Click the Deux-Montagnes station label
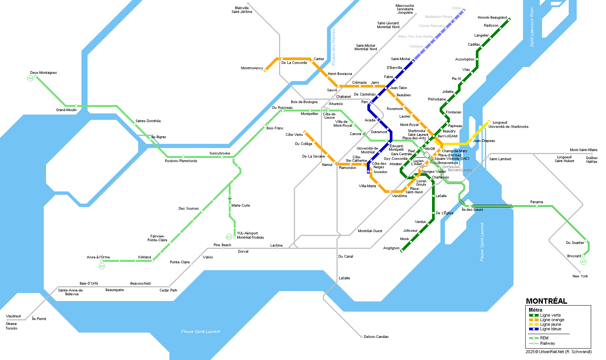point(43,73)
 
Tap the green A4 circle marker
point(30,78)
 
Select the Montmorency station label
point(252,68)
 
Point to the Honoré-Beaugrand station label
point(492,18)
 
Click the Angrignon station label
point(391,248)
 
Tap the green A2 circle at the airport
point(229,237)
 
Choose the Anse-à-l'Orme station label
point(98,257)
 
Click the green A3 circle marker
point(102,266)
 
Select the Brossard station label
point(574,256)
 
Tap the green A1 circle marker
point(583,262)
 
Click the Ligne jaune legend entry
point(550,324)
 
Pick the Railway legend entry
point(547,343)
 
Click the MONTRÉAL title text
point(546,301)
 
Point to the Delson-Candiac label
point(376,337)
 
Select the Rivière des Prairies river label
point(333,47)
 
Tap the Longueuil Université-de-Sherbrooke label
point(508,124)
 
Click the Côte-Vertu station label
point(294,135)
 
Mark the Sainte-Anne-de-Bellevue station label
point(71,292)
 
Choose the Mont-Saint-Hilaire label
point(583,150)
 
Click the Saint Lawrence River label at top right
point(532,27)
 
